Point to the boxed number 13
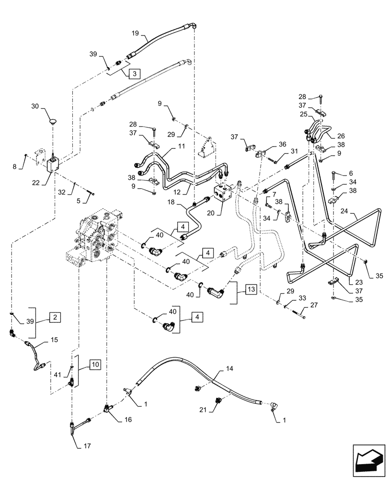[251, 289]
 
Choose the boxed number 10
[96, 364]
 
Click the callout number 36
[282, 144]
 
